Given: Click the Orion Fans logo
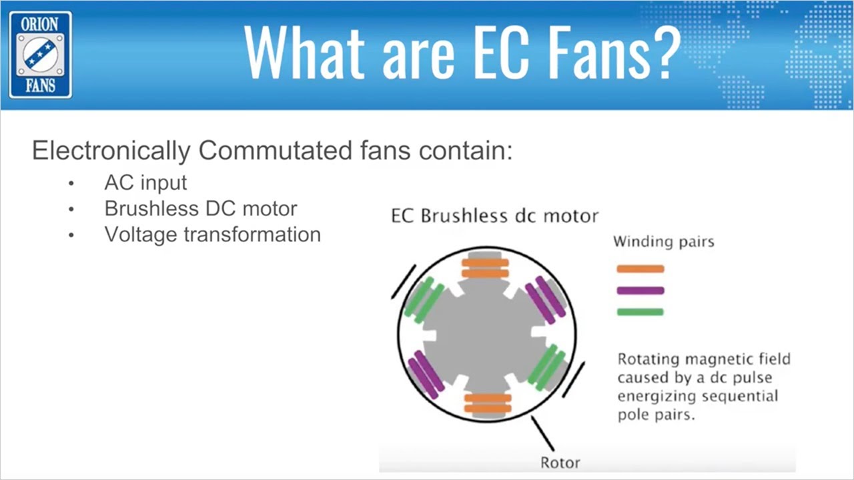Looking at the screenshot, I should click(40, 55).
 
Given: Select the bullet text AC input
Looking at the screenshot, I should click(145, 183).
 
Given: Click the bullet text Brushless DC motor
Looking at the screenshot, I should click(200, 209).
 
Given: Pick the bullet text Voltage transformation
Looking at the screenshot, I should click(212, 235).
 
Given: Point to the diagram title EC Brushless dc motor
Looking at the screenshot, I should click(494, 216).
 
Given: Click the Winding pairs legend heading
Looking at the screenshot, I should click(663, 241).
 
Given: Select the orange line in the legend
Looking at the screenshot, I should click(640, 269).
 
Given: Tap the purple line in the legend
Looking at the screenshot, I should click(640, 291).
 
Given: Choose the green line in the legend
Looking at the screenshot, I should click(640, 312).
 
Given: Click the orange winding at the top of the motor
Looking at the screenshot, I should click(485, 268).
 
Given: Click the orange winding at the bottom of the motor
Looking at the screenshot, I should click(487, 403).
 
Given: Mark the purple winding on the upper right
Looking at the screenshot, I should click(544, 299).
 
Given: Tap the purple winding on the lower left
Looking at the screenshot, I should click(426, 373).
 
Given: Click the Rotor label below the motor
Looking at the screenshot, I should click(560, 462).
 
